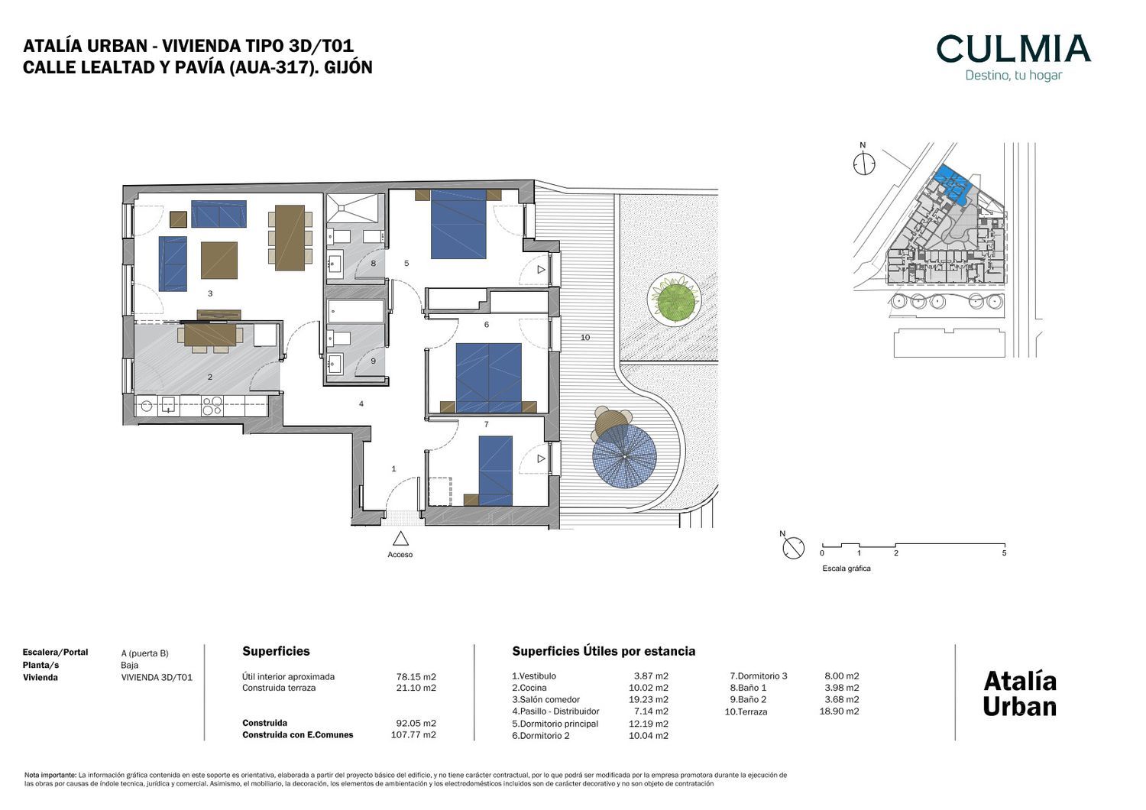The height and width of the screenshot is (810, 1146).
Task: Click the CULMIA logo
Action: (1013, 57)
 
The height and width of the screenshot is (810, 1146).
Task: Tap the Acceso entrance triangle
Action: (400, 539)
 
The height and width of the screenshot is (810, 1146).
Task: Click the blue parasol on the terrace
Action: (624, 456)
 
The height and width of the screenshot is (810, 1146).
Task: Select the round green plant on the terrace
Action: (673, 299)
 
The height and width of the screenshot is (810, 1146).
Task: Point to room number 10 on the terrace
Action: (585, 337)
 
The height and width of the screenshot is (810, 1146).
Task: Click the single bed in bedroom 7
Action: (495, 470)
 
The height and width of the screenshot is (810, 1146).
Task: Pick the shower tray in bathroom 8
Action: (352, 209)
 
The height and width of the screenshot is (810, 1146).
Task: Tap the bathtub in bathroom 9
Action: (356, 311)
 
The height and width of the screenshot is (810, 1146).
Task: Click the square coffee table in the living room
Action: (219, 260)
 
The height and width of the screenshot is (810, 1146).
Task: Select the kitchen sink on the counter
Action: (168, 406)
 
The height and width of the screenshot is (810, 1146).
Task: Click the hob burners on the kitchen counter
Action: (212, 406)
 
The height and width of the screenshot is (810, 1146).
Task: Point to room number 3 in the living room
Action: (210, 293)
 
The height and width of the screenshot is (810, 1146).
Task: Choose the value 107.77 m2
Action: (413, 735)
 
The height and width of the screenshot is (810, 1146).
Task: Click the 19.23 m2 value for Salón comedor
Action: (648, 699)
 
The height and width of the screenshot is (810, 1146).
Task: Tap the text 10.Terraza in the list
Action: (746, 711)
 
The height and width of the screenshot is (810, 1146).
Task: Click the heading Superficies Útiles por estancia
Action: (604, 651)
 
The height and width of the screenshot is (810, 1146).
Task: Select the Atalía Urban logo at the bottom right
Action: (1020, 694)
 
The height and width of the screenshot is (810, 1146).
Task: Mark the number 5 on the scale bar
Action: (1005, 553)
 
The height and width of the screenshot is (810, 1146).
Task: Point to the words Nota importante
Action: (50, 775)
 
